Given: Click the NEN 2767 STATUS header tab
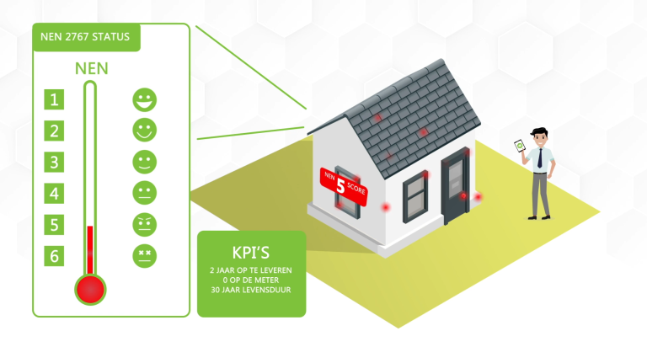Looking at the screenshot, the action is pos(86,37).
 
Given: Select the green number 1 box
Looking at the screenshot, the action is pos(54,99).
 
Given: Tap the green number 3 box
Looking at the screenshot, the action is pos(54,162).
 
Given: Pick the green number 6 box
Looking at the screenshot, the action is pos(54,256).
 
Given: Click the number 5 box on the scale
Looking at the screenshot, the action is pos(54,225).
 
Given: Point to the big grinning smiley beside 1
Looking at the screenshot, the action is pos(144,100).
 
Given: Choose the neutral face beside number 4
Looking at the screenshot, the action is pos(144,193).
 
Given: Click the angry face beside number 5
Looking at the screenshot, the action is pos(144,225).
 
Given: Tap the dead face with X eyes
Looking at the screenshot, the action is pos(144,256).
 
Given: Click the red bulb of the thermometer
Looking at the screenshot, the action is pos(90,289).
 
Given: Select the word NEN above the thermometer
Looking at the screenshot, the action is pos(92,68).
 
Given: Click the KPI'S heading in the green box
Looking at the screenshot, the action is pos(251,253).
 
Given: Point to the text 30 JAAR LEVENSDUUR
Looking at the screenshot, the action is pos(251,290).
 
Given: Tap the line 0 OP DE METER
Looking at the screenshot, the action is pos(251,280).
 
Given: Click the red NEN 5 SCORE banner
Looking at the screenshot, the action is pos(344,186).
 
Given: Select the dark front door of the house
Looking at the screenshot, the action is pos(456,185).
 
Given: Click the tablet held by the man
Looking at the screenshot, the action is pos(520,146).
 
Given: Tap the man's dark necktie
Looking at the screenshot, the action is pos(540,158).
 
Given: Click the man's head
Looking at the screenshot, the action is pos(540,137).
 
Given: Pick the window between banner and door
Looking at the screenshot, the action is pos(415,196).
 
